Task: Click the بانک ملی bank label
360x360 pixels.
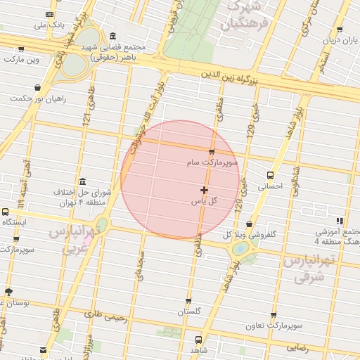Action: pos(53,25)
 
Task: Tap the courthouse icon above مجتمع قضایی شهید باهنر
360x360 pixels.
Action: pos(112,36)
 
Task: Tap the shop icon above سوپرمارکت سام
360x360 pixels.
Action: pos(212,151)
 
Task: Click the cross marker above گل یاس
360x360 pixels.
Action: pos(205,190)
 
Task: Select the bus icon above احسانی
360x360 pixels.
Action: pos(271,176)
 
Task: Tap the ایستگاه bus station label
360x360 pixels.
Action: pos(14,221)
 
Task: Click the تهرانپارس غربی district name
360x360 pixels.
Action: pos(70,240)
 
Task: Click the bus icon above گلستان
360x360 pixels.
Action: pos(188,301)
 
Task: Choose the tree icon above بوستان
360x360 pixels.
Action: pos(8,291)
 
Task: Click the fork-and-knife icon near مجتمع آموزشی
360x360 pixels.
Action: pos(340,221)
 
